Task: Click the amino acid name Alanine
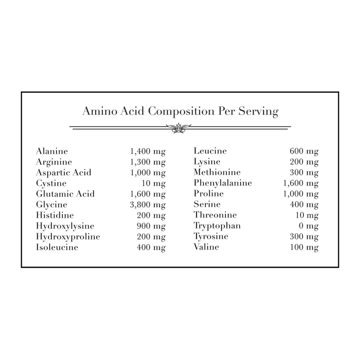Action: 52,151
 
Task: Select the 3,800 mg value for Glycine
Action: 148,205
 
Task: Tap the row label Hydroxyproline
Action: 68,237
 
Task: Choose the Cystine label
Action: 51,183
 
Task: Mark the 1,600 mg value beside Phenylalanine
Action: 301,183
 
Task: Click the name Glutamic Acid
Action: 65,194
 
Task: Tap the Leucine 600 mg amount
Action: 304,152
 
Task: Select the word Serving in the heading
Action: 259,111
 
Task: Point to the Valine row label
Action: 206,247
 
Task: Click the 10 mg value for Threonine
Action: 307,215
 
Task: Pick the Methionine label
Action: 217,172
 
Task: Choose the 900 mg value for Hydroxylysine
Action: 151,226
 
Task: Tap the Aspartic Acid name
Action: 64,172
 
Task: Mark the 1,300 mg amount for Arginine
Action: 148,162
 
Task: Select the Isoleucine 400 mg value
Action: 151,247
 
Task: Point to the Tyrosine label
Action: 211,237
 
